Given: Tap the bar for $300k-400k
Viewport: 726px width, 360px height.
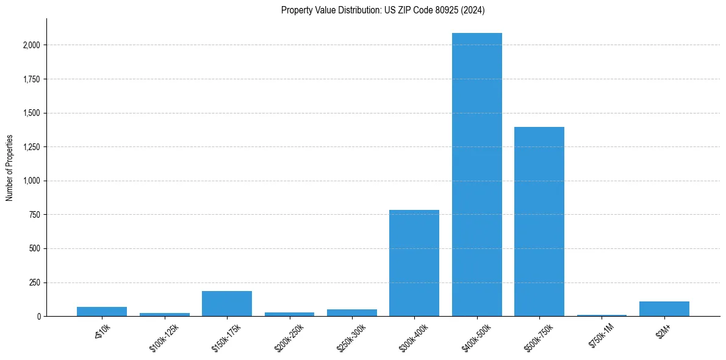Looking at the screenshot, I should (414, 263).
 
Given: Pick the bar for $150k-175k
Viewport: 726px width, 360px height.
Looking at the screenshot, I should (226, 304).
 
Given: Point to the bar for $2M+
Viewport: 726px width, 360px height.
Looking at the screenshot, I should (664, 309).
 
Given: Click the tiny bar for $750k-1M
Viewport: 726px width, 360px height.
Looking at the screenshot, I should (602, 315).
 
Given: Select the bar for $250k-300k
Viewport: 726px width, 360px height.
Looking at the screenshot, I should (351, 313).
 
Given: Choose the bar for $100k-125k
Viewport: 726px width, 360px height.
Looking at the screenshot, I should (164, 315).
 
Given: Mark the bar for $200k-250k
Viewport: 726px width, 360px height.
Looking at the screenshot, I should (289, 314).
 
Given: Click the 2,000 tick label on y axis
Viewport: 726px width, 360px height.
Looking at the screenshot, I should (32, 45).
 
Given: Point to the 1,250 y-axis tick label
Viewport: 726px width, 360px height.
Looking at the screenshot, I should (32, 147).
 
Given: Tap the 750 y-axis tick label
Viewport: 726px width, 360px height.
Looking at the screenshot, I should (35, 215).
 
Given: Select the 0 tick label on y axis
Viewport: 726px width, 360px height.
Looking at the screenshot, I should (39, 317).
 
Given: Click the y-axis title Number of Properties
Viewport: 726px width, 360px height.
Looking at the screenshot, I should (9, 168).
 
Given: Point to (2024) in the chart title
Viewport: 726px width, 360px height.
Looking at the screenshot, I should (474, 10).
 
